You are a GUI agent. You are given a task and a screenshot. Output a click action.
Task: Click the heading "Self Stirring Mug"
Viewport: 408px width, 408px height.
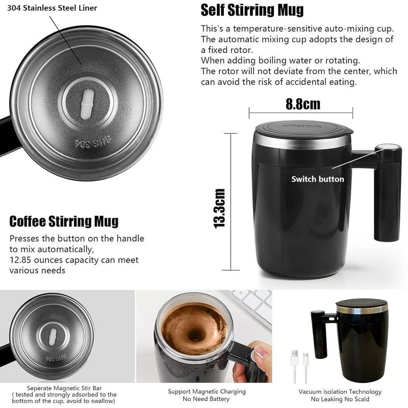[252, 10]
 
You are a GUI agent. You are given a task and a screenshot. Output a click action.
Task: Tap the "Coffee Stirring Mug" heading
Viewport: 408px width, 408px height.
[64, 221]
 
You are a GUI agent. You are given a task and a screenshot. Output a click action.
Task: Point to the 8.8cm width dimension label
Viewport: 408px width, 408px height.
[302, 104]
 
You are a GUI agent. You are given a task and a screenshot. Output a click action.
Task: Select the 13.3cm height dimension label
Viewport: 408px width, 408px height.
[220, 208]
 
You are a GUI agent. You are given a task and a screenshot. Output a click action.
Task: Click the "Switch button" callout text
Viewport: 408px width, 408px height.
[317, 179]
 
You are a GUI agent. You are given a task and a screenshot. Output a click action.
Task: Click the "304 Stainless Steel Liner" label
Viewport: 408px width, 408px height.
[52, 8]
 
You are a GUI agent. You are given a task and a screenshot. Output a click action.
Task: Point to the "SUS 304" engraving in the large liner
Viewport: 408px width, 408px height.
[90, 144]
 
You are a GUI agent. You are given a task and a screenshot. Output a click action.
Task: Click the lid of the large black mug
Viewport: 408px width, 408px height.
[303, 129]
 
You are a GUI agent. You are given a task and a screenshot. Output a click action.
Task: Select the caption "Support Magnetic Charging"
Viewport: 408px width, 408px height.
[207, 392]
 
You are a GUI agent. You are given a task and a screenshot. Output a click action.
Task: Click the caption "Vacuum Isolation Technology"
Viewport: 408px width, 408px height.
[340, 392]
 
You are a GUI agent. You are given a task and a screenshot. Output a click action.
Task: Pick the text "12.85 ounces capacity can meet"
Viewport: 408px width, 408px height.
[74, 260]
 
